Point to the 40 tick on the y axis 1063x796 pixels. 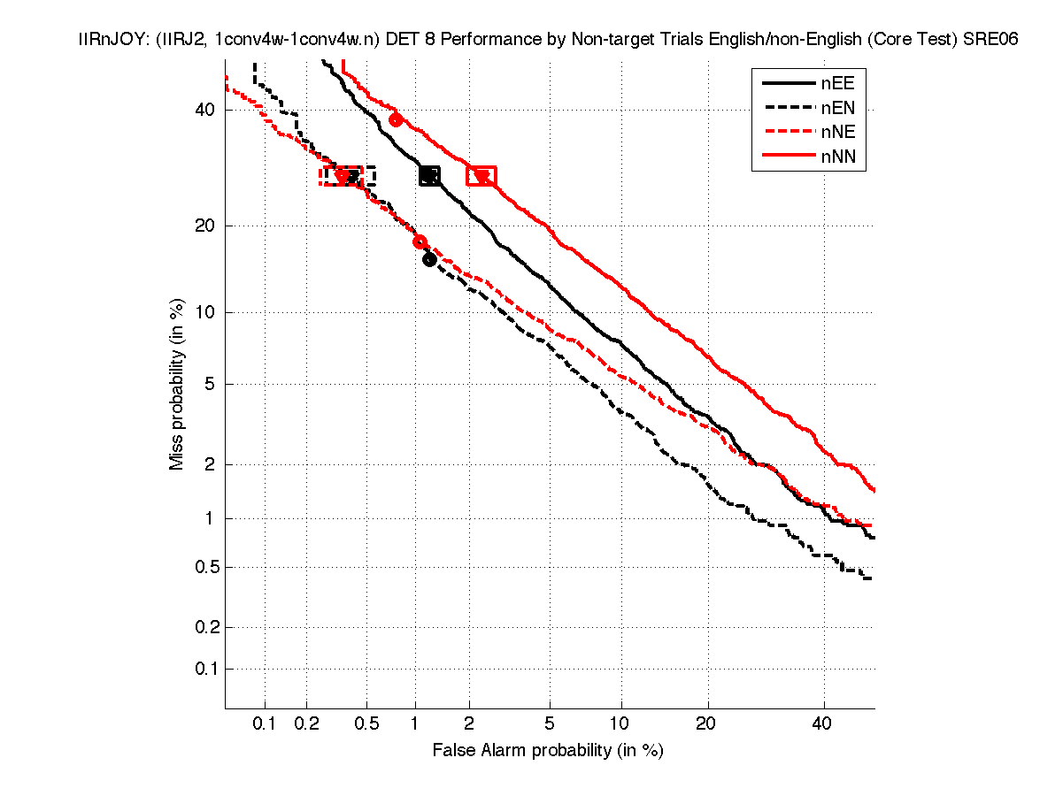(206, 110)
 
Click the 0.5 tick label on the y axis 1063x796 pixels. (202, 567)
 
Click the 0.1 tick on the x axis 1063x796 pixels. (265, 723)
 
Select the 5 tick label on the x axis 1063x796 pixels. (550, 723)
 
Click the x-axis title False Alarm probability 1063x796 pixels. (547, 751)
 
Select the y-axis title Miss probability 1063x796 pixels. (178, 385)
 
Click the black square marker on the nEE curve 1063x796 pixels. (429, 176)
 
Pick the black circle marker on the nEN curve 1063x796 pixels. (429, 259)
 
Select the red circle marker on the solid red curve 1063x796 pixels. (396, 119)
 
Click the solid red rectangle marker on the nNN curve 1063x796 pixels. (481, 176)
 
